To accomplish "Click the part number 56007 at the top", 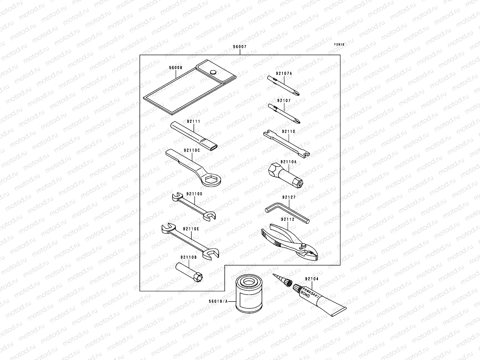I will (x=240, y=47).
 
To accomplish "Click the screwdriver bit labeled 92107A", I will (x=283, y=86).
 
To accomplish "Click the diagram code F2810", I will (x=339, y=45).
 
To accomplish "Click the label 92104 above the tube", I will (x=312, y=279).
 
